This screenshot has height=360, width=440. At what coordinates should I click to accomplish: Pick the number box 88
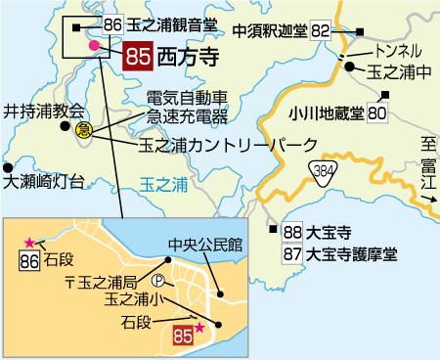[291, 234]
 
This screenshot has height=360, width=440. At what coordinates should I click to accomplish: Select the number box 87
[291, 254]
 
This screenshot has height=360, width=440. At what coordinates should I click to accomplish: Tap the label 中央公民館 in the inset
[204, 243]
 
